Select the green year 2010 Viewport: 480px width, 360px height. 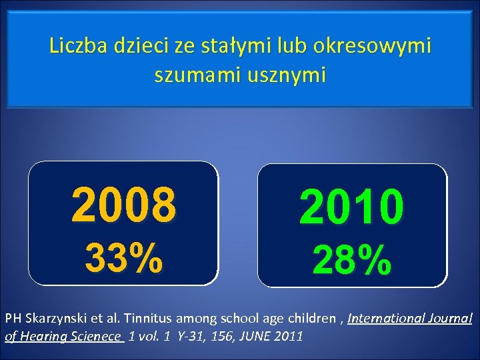(352, 207)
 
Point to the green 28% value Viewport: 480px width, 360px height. (352, 260)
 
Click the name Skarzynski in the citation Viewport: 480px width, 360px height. (56, 319)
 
